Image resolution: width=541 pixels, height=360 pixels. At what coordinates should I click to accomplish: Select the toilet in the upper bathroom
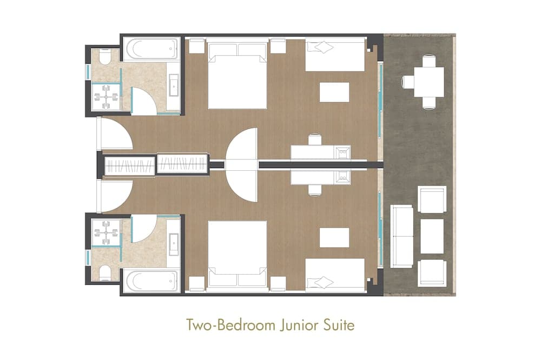click(104, 56)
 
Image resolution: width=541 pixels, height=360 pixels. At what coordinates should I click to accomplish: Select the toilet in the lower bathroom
click(104, 274)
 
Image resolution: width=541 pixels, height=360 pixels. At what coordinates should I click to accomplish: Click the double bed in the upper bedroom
click(237, 76)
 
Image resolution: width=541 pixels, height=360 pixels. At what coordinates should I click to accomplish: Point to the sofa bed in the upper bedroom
click(335, 55)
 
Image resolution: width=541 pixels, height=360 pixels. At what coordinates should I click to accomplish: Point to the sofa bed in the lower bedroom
click(335, 275)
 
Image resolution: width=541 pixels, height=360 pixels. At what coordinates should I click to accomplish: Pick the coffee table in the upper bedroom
click(334, 92)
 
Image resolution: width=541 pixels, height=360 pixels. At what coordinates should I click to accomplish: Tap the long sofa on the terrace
click(401, 236)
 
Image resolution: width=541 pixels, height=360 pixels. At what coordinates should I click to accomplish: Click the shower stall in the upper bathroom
click(105, 97)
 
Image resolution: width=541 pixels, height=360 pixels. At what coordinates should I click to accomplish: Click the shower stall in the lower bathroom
click(105, 233)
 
